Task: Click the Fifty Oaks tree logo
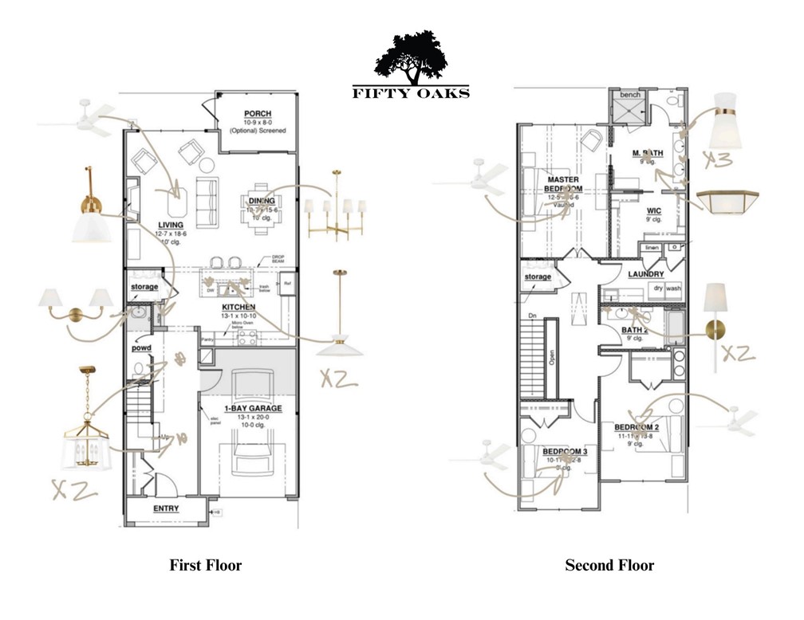coord(411,58)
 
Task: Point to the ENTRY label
coord(165,508)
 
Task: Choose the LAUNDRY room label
coord(646,274)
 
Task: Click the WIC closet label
coord(654,211)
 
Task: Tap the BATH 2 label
coord(634,330)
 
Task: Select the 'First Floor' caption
coord(205,565)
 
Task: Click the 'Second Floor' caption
coord(609,565)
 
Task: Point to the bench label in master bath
coord(630,95)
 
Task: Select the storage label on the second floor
coord(538,277)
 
